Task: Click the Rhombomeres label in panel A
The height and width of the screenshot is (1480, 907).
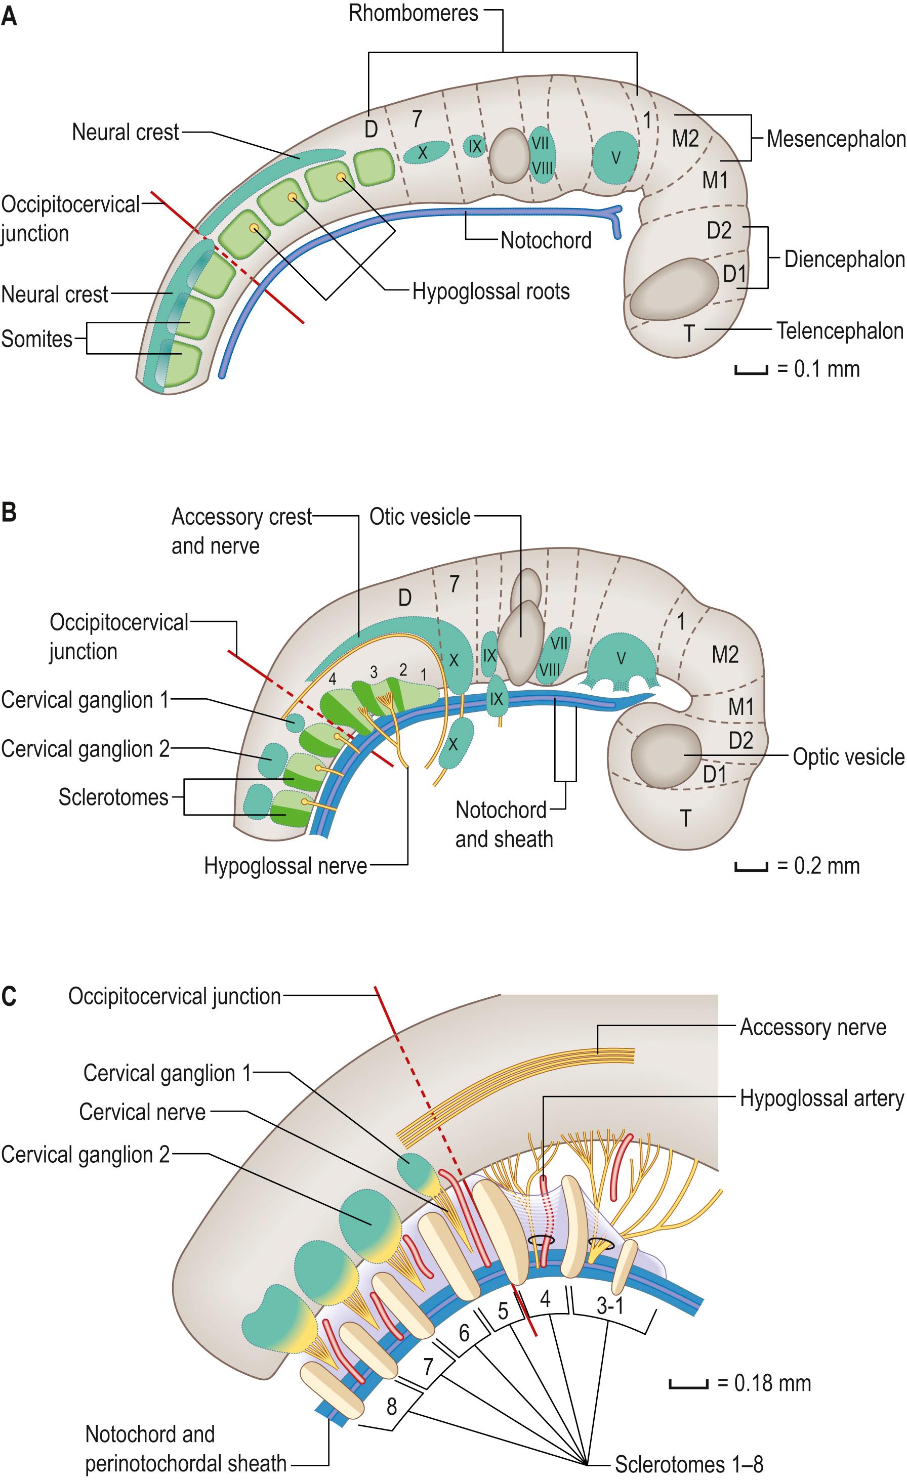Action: (413, 13)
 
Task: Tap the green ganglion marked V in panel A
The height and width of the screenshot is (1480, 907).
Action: (615, 157)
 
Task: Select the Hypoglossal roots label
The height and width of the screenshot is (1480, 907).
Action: (491, 292)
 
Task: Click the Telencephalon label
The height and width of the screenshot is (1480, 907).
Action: (839, 330)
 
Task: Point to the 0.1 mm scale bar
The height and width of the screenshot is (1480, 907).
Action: (751, 371)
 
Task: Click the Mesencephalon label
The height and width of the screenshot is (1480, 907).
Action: (836, 139)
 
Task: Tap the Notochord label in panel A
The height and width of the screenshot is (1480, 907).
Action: (546, 240)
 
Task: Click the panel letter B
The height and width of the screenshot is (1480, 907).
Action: (9, 514)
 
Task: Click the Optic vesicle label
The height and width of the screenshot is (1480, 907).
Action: (848, 757)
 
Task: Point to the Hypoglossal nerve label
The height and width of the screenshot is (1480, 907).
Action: (285, 866)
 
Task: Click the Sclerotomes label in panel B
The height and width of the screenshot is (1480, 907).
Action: (113, 797)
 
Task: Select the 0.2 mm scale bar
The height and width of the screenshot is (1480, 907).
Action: (751, 867)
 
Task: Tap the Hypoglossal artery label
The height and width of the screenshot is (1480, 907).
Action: (821, 1098)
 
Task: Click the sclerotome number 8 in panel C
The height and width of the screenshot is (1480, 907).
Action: (392, 1406)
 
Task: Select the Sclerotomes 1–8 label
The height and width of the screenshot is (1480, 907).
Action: (688, 1464)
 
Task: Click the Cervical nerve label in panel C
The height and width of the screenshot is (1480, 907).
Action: (142, 1112)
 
